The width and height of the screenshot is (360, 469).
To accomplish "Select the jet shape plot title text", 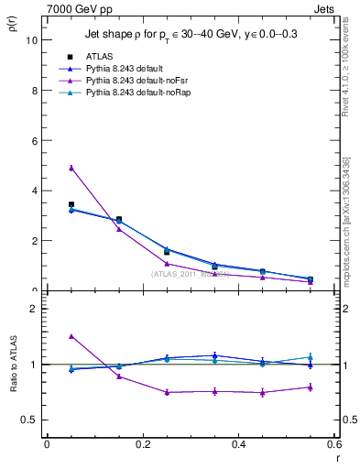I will click(192, 34).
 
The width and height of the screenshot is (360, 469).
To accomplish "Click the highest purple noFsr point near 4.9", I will click(71, 168).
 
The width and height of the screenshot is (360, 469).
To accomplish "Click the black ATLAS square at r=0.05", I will click(71, 204).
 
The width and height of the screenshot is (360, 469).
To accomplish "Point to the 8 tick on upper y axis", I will click(36, 91).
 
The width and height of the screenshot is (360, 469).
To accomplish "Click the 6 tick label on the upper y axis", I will click(36, 141).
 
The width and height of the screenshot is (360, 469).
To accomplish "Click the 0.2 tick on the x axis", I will click(143, 444).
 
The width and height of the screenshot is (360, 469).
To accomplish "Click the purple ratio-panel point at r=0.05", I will click(71, 336).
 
